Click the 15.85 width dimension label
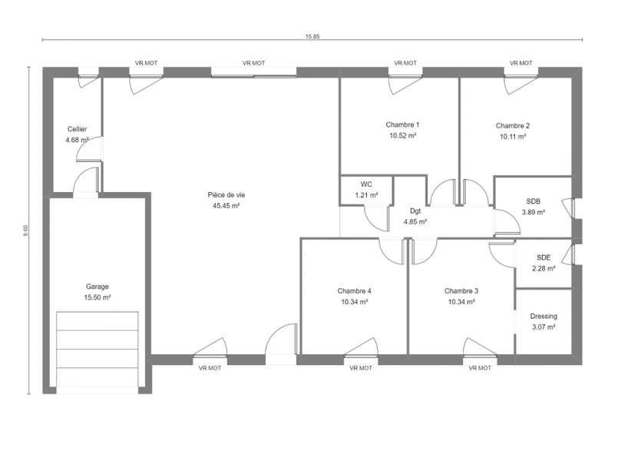[x=312, y=36]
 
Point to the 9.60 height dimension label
[x=26, y=230]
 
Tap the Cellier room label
[x=77, y=129]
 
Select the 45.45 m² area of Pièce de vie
[x=226, y=205]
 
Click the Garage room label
[x=97, y=287]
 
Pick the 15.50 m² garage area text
[x=97, y=297]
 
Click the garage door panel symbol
[x=97, y=350]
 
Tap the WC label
[x=366, y=184]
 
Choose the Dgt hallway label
[x=415, y=211]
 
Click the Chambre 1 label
[x=402, y=124]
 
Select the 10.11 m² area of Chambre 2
[x=513, y=137]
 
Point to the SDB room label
[x=534, y=201]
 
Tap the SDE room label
[x=544, y=257]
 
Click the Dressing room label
[x=544, y=316]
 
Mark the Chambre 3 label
[x=461, y=291]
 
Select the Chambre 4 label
[x=354, y=291]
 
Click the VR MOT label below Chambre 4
[x=361, y=368]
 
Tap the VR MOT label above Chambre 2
[x=521, y=63]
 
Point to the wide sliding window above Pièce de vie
[x=253, y=72]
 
